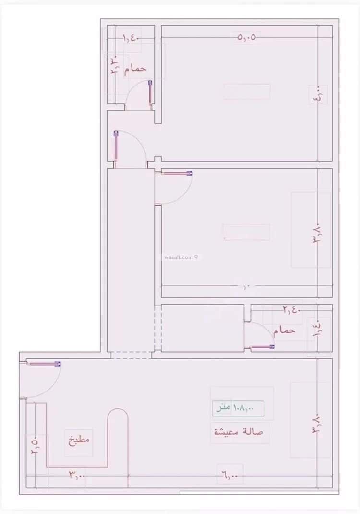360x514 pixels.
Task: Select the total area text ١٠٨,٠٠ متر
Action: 239,408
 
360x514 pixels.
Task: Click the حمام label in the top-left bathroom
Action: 135,69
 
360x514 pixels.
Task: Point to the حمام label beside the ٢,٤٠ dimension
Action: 284,331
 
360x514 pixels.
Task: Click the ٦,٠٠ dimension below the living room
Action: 230,476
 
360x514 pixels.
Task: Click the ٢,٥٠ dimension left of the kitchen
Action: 35,447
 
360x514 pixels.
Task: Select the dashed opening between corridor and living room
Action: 131,355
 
